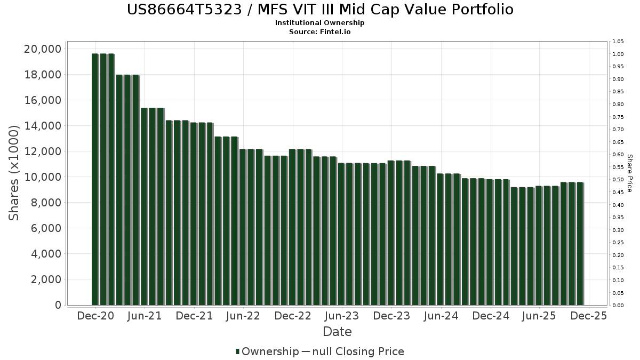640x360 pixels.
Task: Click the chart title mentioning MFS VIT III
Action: click(x=320, y=10)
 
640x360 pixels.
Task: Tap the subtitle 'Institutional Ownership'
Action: click(x=320, y=23)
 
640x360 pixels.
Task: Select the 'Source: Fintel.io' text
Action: click(x=320, y=31)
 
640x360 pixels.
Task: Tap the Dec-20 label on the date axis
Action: click(x=95, y=316)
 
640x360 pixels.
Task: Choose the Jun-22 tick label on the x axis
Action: click(x=243, y=316)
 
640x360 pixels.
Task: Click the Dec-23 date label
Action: click(x=391, y=316)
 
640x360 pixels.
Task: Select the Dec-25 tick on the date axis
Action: click(x=588, y=316)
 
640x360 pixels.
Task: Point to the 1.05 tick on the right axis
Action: click(x=618, y=42)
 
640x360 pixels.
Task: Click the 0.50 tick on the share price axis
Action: click(x=618, y=180)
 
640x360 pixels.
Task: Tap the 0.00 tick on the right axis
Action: click(x=618, y=306)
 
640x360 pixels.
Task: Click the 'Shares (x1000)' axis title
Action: click(x=14, y=173)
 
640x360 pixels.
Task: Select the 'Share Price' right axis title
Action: click(x=629, y=173)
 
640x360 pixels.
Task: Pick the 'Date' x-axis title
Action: click(x=337, y=332)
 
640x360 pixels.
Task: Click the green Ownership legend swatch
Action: click(x=238, y=351)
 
